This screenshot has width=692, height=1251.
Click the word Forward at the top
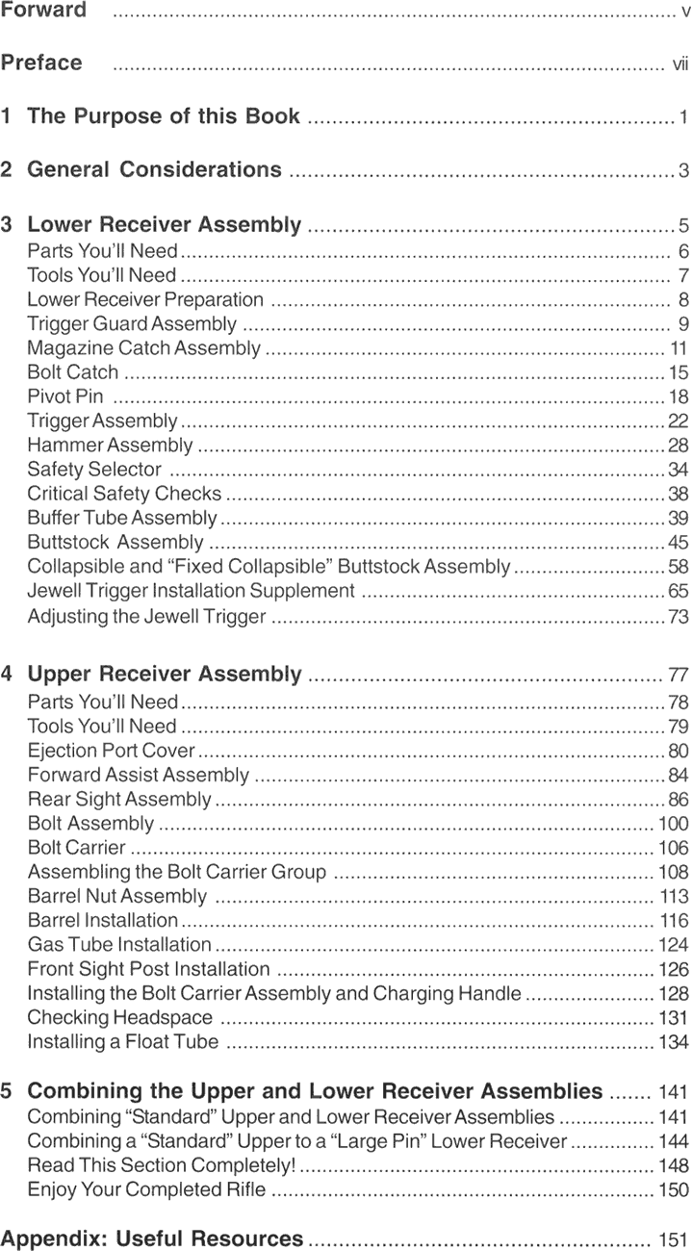pos(43,11)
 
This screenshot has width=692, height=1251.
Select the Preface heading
pos(41,64)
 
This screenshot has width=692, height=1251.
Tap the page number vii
pos(679,64)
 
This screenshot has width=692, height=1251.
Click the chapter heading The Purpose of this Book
pos(164,116)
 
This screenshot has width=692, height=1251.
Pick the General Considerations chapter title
pos(154,170)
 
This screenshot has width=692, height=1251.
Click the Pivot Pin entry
pos(65,396)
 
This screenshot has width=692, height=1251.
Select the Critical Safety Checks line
pos(124,494)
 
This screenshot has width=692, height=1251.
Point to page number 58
pos(678,567)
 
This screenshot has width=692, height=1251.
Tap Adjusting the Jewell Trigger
pos(146,616)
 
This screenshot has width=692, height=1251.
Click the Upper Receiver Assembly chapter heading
pos(165,674)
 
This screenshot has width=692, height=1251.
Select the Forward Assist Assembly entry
pos(139,775)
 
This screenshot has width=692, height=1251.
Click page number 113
pos(674,897)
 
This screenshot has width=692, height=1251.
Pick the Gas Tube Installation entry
pos(119,945)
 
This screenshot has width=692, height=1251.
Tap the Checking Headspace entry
pos(119,1017)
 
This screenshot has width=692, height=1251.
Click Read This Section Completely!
pos(161,1166)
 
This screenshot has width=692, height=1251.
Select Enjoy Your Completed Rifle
pos(146,1190)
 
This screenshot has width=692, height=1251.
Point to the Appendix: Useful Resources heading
pos(152,1238)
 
